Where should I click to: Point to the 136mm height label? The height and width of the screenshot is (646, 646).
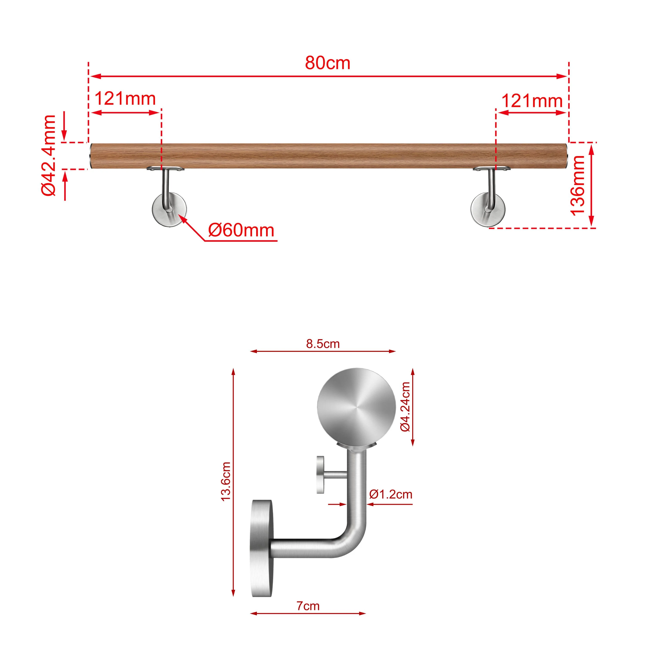coord(578,186)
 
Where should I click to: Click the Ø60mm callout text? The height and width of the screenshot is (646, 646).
coord(241,230)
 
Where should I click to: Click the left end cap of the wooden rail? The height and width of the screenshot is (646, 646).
coord(92,156)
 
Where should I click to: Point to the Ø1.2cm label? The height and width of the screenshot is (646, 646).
coord(391,494)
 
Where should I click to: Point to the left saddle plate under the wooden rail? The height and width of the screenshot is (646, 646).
coord(165,169)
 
